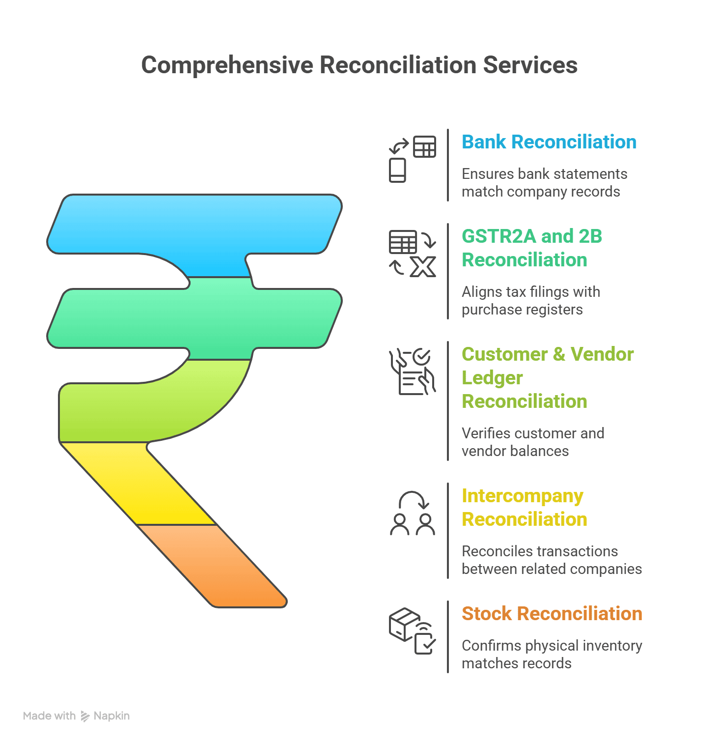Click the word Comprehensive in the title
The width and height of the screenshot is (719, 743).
[x=227, y=65]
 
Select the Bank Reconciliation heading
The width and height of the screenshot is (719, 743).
[x=549, y=142]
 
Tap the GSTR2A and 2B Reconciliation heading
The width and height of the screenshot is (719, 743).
[x=531, y=248]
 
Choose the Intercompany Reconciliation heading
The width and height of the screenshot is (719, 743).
[x=524, y=507]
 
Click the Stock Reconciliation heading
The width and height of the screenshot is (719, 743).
[x=552, y=614]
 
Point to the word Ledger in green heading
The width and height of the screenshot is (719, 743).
[x=492, y=378]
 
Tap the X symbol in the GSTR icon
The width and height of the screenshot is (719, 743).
[x=423, y=267]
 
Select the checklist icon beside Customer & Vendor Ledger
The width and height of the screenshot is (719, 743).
[x=412, y=372]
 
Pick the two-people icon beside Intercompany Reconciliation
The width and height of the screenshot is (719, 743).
[x=412, y=514]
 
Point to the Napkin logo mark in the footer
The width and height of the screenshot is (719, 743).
[x=85, y=716]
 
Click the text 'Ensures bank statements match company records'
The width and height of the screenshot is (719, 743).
[x=544, y=183]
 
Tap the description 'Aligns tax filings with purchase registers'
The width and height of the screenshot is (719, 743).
[x=530, y=301]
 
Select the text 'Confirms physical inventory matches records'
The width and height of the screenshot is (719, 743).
[x=552, y=655]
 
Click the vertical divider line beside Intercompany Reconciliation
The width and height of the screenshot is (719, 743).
[x=448, y=531]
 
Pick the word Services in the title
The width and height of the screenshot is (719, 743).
[x=530, y=65]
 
